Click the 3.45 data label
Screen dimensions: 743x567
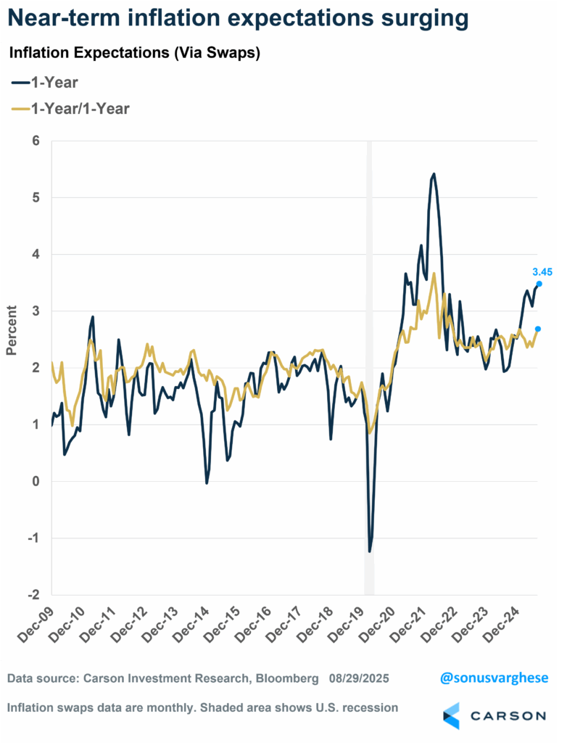542,272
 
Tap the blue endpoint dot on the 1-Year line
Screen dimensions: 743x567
539,284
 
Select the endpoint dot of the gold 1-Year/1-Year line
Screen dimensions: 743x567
538,329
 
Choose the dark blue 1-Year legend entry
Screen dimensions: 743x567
44,82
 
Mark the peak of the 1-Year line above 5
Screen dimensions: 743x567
433,174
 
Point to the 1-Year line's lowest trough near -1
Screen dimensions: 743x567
370,551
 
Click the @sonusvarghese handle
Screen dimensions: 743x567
494,678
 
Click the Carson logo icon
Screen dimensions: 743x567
452,715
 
